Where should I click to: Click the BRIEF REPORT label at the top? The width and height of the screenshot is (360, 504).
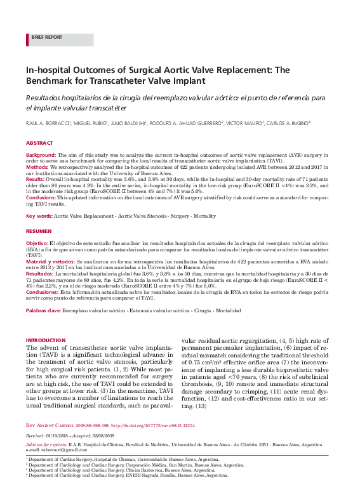tap(46, 37)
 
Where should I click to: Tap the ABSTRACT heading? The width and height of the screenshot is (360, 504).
tap(39, 144)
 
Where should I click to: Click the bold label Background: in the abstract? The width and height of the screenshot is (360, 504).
tap(41, 155)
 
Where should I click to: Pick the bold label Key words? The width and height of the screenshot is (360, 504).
tap(39, 216)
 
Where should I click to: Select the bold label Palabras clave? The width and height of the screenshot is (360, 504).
tap(43, 310)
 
